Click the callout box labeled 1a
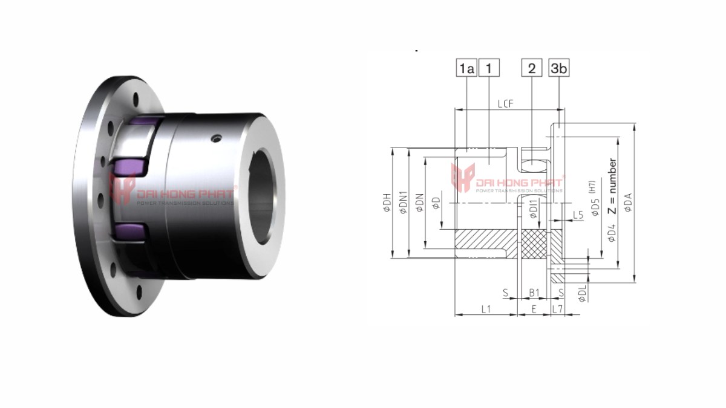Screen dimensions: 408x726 (x=466, y=68)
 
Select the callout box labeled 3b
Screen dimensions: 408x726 (x=558, y=68)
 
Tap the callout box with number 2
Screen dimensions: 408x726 (x=532, y=68)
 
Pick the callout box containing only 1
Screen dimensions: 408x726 (x=489, y=68)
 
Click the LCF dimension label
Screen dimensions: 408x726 (x=506, y=104)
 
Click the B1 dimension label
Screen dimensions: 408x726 (x=534, y=293)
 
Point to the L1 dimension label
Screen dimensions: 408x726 (x=485, y=309)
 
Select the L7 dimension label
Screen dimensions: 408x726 (x=558, y=309)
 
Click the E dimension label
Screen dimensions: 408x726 (x=534, y=309)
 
